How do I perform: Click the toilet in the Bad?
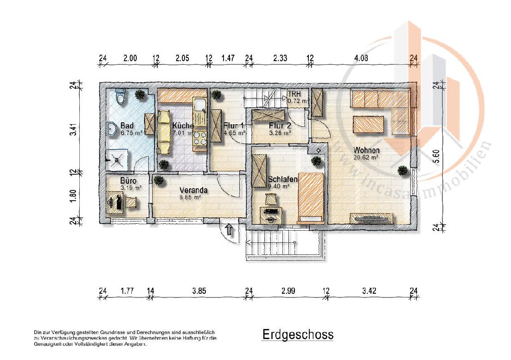(121, 97)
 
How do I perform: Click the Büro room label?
(128, 181)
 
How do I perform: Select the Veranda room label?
(194, 190)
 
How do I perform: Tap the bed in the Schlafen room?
(310, 196)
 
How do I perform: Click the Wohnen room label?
(366, 151)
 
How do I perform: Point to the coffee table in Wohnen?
(370, 125)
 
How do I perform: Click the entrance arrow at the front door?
(229, 229)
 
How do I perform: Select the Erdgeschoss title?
(298, 335)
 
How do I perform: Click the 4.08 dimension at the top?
(362, 58)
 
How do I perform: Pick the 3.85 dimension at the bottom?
(198, 291)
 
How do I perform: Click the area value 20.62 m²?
(366, 158)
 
